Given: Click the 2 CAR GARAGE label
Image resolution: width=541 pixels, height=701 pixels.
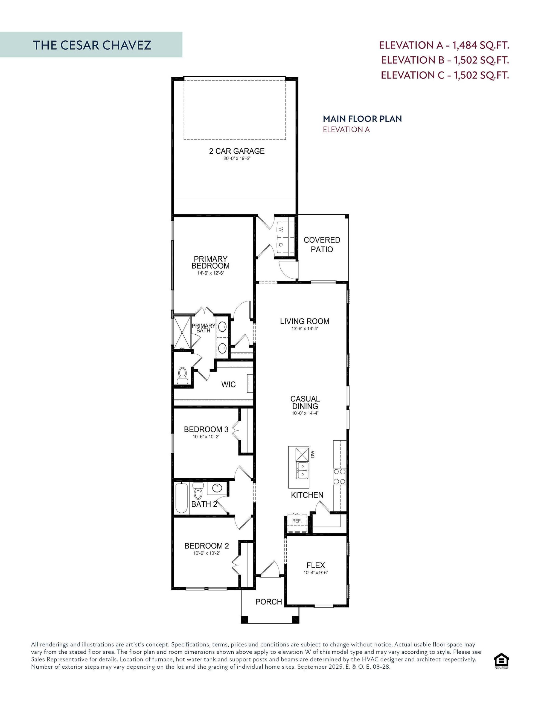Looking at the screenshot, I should (237, 151).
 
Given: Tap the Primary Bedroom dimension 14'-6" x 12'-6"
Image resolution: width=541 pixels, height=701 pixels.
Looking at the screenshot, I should (210, 273).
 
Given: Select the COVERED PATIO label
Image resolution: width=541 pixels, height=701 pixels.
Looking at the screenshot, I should (322, 245).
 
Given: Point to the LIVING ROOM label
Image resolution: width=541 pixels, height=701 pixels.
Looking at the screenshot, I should (304, 321).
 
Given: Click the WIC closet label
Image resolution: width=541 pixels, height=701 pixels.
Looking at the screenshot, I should (228, 384).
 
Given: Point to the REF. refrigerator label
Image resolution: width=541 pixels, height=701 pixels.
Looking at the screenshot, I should (297, 521).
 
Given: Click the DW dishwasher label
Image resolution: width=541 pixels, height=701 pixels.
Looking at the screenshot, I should (313, 454).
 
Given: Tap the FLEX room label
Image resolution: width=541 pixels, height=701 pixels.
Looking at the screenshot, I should (316, 565).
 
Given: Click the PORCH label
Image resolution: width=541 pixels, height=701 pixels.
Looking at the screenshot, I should (268, 602).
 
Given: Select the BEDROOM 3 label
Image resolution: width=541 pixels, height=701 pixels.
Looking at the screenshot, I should (206, 429).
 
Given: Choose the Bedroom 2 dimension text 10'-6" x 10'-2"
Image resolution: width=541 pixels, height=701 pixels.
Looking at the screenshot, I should (206, 553).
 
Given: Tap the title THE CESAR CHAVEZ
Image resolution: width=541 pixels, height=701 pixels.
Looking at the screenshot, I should (92, 45).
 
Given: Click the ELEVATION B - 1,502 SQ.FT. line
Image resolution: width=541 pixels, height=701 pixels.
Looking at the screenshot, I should (445, 60).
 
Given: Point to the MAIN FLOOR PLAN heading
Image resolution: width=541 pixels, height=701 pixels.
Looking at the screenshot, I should (362, 119).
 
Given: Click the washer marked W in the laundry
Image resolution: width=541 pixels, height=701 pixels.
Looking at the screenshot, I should (281, 229).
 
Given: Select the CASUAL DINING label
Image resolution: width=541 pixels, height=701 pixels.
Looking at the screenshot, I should (305, 403).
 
